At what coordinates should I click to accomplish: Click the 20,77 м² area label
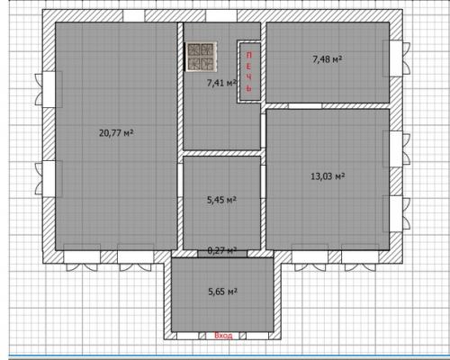pos(116,132)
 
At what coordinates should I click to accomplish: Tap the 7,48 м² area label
pos(328,59)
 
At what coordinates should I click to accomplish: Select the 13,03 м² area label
pos(328,176)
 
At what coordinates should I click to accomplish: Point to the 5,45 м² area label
pos(222,200)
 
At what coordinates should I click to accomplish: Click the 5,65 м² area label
pos(223,291)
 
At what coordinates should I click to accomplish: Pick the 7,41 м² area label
pos(222,83)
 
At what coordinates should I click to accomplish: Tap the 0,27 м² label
pos(222,250)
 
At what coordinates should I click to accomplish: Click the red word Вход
pos(223,336)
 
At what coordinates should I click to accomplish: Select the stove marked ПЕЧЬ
pos(249,72)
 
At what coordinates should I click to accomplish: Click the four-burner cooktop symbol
pos(202,57)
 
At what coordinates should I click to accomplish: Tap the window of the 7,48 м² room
pos(396,58)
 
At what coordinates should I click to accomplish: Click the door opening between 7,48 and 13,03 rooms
pos(305,106)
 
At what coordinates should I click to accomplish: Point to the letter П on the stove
pos(249,55)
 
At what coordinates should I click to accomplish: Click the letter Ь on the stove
pos(249,88)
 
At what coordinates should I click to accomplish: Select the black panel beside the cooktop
pos(184,57)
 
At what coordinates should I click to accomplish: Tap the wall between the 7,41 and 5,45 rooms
pos(221,153)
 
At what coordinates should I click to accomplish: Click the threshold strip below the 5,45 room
pos(222,253)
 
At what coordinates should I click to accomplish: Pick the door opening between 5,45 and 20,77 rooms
pos(180,180)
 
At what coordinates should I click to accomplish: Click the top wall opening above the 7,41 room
pos(221,15)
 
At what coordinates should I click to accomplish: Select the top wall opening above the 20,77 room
pos(134,15)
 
